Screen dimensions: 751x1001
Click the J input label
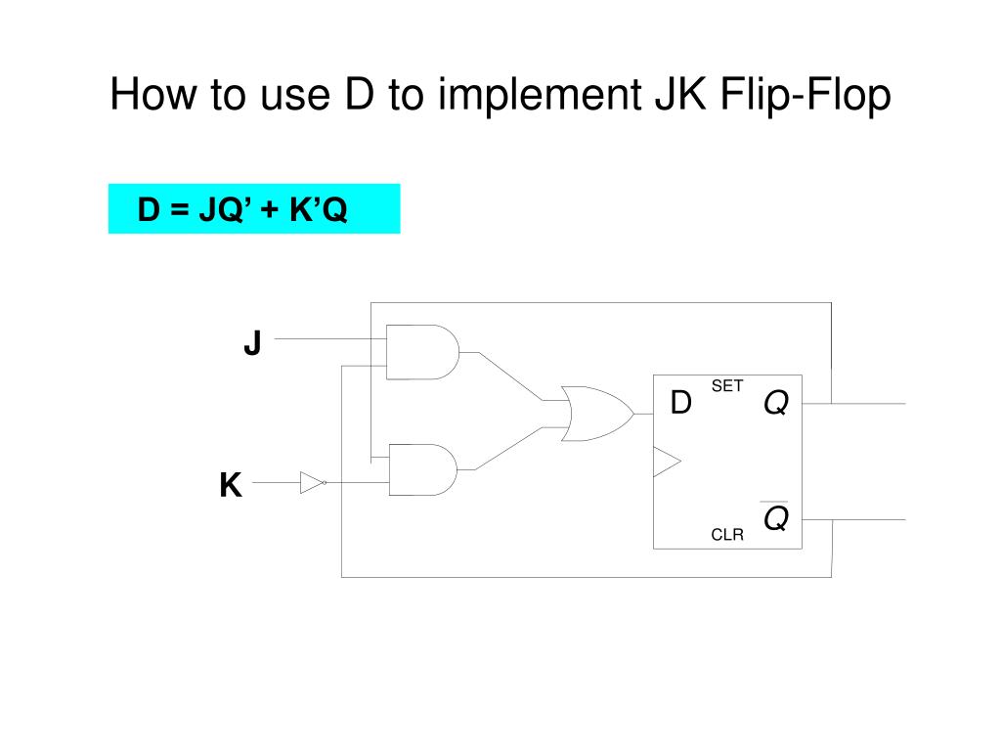click(252, 344)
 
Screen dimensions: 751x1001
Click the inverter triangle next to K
click(311, 482)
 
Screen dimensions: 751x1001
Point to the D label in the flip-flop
click(680, 402)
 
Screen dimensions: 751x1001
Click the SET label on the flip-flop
click(727, 386)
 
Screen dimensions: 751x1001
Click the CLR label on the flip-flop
click(727, 534)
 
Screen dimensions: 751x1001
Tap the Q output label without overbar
click(775, 402)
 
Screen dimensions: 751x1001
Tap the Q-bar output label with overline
click(775, 517)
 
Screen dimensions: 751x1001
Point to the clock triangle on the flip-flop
click(666, 462)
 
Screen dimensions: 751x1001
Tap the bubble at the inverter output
click(326, 482)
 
